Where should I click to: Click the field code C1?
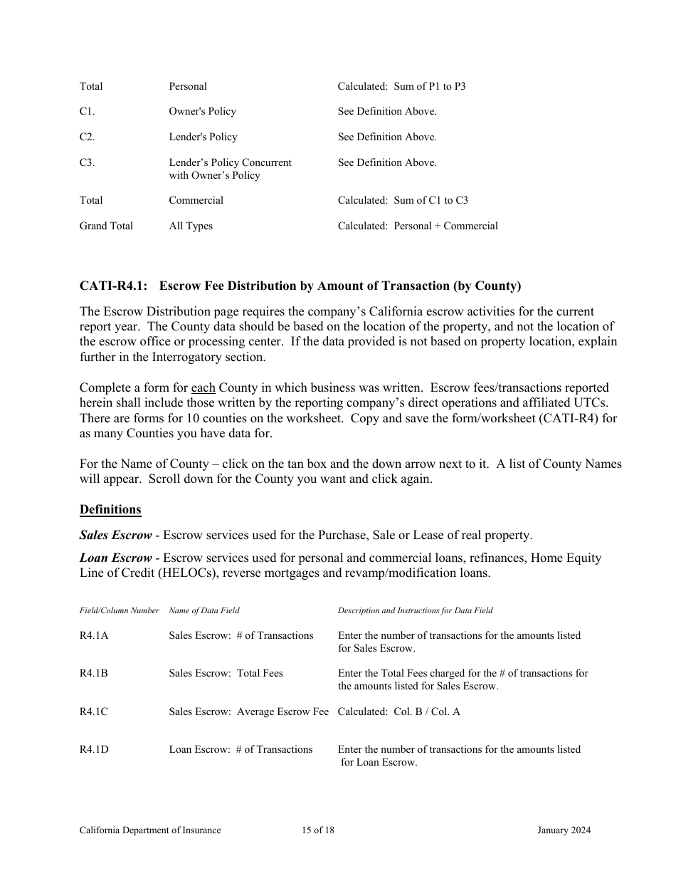click(87, 112)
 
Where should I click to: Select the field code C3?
click(87, 163)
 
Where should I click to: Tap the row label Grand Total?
click(106, 226)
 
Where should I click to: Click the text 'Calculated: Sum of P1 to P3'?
click(401, 87)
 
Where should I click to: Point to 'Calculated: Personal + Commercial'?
click(418, 226)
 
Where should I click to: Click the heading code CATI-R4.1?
click(113, 286)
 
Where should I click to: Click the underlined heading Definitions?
click(110, 510)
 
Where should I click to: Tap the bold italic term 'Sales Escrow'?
click(115, 536)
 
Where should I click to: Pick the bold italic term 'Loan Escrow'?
click(115, 558)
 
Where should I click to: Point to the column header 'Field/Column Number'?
click(119, 611)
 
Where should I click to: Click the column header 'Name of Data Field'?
click(204, 611)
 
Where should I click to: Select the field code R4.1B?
click(94, 674)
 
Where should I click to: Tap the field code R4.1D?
click(94, 750)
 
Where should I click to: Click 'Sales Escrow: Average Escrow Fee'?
click(248, 712)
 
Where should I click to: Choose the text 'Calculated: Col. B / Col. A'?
click(398, 712)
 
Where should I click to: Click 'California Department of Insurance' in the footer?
click(150, 830)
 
